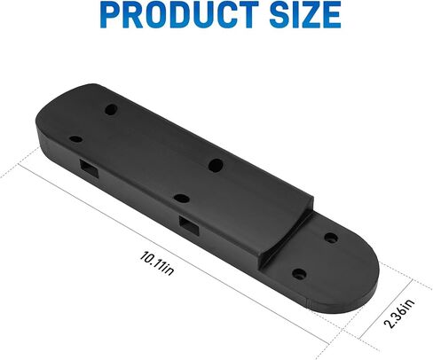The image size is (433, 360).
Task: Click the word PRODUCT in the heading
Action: pyautogui.click(x=180, y=14)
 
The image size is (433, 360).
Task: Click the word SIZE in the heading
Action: pyautogui.click(x=305, y=14)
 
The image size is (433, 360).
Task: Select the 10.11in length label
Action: pyautogui.click(x=157, y=263)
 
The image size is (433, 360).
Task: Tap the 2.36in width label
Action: pyautogui.click(x=399, y=313)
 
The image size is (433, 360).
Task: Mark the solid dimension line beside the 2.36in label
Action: pyautogui.click(x=386, y=309)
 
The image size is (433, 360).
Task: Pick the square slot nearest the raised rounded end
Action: pyautogui.click(x=89, y=168)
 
